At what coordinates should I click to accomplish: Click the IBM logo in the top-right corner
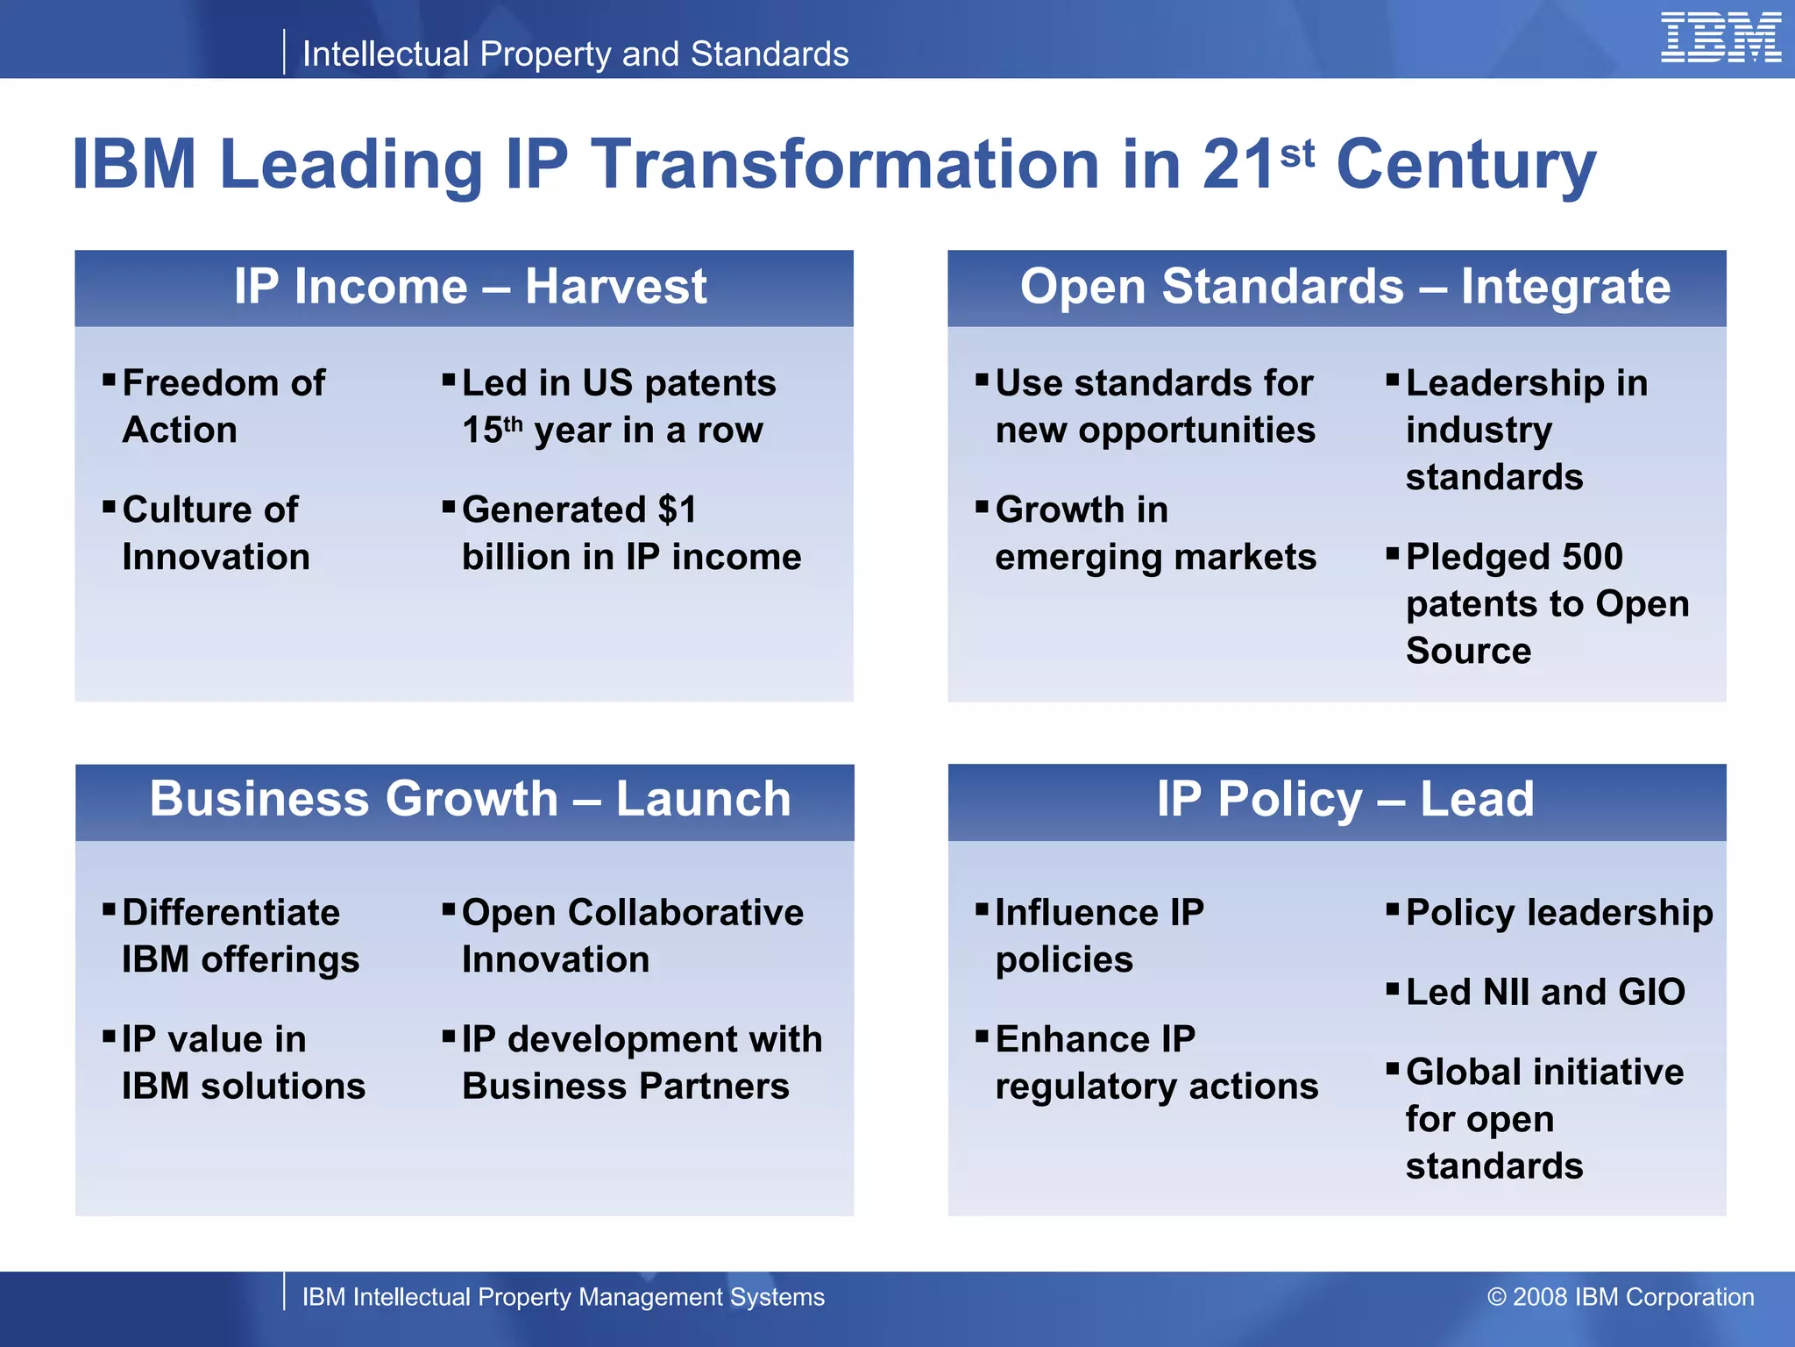[x=1721, y=38]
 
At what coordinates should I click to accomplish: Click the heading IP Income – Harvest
[x=470, y=287]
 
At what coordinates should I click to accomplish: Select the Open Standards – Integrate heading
[x=1344, y=287]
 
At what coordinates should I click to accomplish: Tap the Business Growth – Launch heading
[x=470, y=799]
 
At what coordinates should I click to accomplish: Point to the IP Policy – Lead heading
[x=1344, y=799]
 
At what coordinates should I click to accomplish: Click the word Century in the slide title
[x=1465, y=164]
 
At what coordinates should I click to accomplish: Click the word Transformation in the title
[x=845, y=164]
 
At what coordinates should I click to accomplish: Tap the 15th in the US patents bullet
[x=492, y=430]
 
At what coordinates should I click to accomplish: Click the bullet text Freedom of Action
[x=223, y=406]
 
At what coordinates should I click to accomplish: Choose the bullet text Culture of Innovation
[x=216, y=533]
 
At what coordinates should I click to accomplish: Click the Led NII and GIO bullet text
[x=1545, y=992]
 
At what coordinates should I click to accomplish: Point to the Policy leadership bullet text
[x=1559, y=913]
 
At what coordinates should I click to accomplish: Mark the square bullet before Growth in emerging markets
[x=983, y=507]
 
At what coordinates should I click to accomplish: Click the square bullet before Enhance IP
[x=983, y=1037]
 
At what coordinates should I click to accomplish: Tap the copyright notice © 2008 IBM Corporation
[x=1621, y=1297]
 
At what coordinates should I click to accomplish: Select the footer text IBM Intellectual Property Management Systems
[x=563, y=1297]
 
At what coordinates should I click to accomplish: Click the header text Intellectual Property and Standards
[x=575, y=54]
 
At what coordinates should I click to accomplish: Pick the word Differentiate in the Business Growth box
[x=231, y=913]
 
